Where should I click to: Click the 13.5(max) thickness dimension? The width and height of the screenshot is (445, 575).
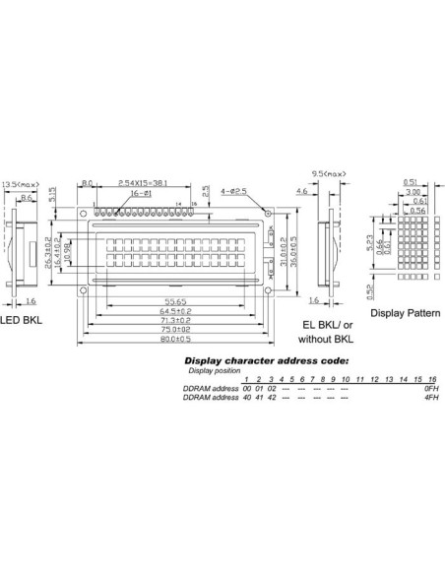point(22,183)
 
